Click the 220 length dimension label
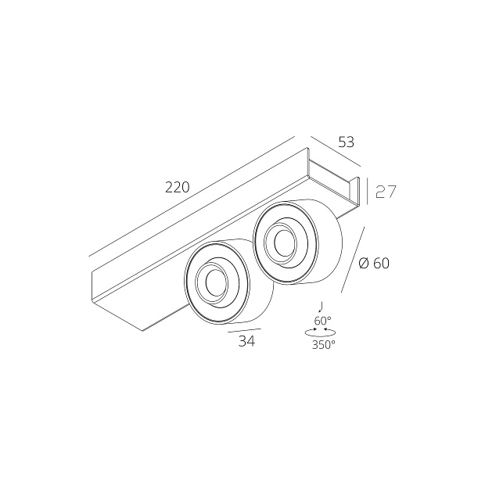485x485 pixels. [x=178, y=187]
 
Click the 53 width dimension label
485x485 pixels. [x=346, y=142]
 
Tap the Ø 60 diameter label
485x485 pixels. [x=373, y=264]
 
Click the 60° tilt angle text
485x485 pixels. [x=322, y=321]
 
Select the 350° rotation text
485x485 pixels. [x=323, y=344]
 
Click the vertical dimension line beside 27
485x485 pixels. [x=368, y=192]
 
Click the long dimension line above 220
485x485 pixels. [x=192, y=196]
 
